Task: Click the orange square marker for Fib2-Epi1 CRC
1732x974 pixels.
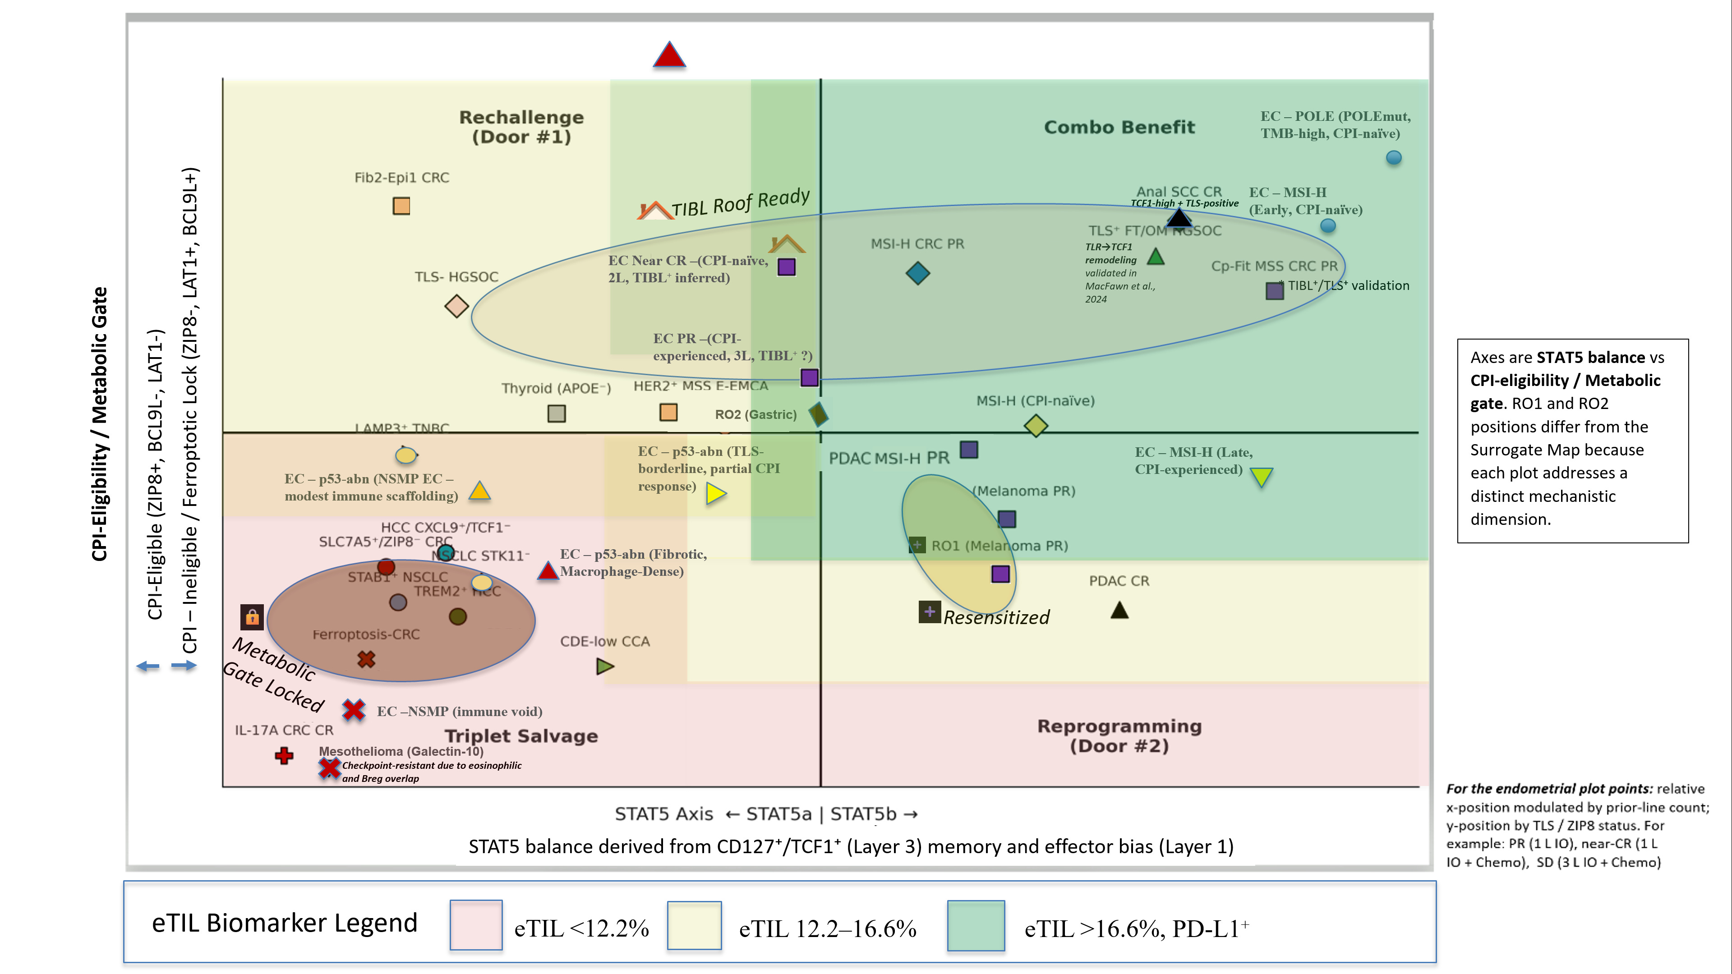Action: pyautogui.click(x=401, y=206)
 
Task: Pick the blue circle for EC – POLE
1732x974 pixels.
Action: pyautogui.click(x=1394, y=157)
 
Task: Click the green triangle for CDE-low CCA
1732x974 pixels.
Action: pyautogui.click(x=604, y=666)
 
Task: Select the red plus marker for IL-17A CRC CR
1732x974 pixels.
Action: pyautogui.click(x=284, y=756)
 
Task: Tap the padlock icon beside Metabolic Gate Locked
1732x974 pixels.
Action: pyautogui.click(x=252, y=616)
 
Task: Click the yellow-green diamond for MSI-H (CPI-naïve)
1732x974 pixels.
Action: pyautogui.click(x=1036, y=426)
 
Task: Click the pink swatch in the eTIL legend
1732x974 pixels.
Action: pyautogui.click(x=476, y=925)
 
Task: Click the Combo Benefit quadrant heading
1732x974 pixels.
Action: pyautogui.click(x=1119, y=127)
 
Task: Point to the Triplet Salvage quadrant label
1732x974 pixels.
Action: pyautogui.click(x=521, y=736)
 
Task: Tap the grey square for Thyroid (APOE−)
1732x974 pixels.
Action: pyautogui.click(x=557, y=413)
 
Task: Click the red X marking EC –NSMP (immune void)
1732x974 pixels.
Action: pyautogui.click(x=354, y=710)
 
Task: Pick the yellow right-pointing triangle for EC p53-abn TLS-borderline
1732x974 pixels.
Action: pyautogui.click(x=715, y=494)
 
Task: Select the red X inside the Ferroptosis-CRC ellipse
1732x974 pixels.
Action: pyautogui.click(x=366, y=659)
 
